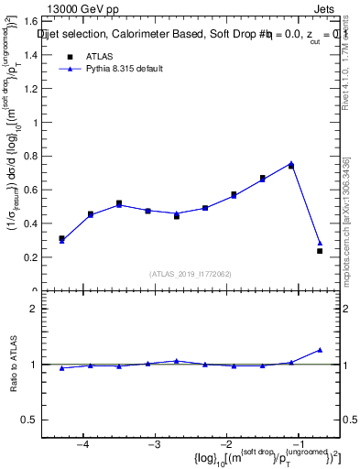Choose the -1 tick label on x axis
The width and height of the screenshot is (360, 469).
(x=298, y=445)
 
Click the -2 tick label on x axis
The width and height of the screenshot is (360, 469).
(x=226, y=445)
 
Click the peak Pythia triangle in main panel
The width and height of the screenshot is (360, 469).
(x=291, y=163)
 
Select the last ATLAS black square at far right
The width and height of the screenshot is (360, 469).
(x=320, y=251)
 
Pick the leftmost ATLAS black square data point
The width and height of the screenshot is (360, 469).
(x=61, y=238)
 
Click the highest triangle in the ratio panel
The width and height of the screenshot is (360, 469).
(x=320, y=350)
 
